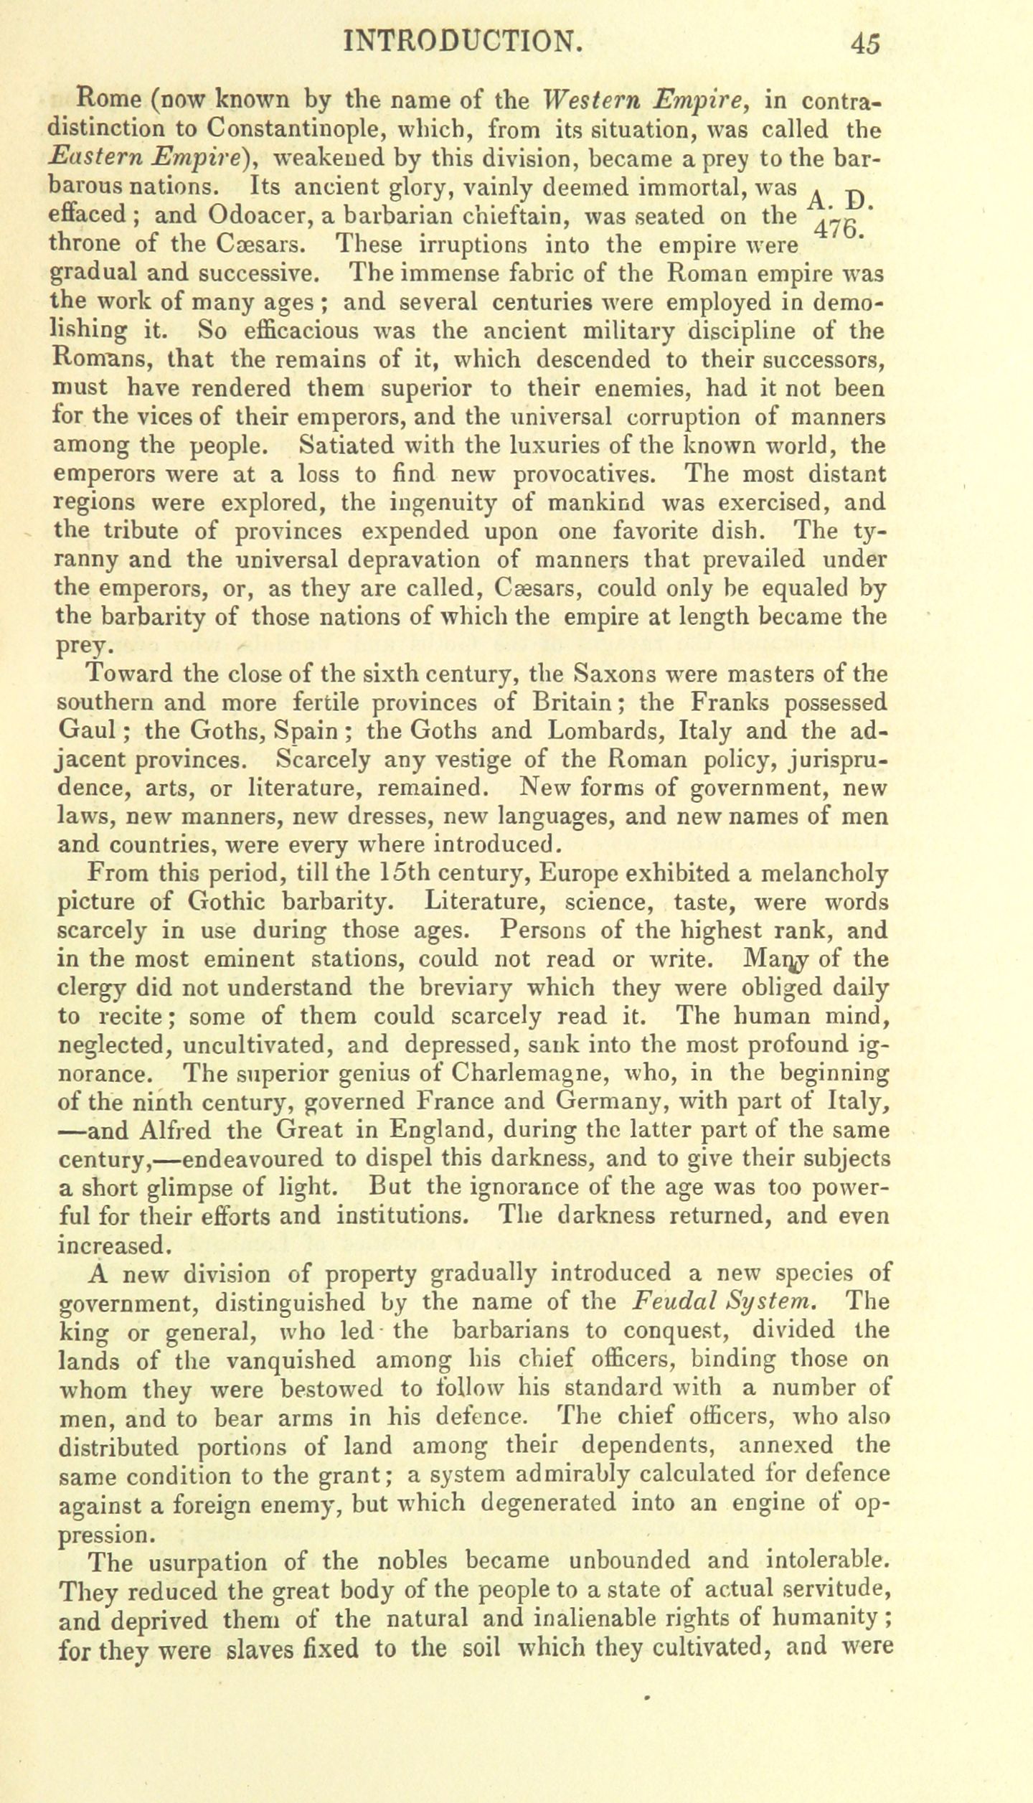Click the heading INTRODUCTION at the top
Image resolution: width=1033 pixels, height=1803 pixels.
coord(462,42)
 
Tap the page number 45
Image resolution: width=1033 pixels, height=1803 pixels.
coord(865,44)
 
